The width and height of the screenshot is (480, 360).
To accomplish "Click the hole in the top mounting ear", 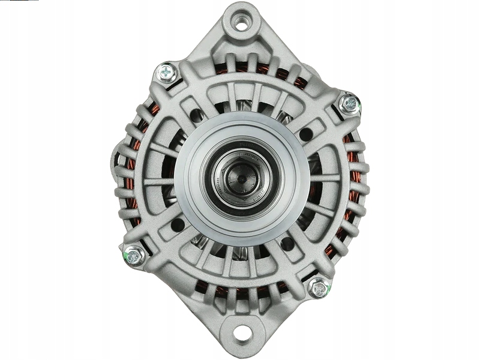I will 242,25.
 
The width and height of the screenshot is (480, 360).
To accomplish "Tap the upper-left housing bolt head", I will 167,73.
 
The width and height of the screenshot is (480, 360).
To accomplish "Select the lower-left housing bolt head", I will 133,256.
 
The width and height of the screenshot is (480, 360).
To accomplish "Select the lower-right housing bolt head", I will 319,287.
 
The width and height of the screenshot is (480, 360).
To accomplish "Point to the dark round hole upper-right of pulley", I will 305,134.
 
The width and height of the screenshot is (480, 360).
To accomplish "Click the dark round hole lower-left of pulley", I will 178,225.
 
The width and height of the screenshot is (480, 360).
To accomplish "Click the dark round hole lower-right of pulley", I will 288,242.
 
